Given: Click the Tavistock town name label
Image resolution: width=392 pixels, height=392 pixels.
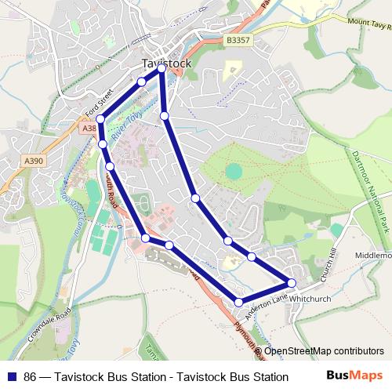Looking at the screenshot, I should (162, 62).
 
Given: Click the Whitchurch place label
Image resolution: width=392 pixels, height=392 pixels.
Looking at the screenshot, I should (314, 299).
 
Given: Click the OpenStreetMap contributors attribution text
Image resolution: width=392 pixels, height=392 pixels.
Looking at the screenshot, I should (324, 350).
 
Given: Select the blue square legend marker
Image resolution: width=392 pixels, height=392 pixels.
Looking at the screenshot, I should (12, 376).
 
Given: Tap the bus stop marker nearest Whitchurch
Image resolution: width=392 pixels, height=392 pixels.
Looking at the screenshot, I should (292, 282).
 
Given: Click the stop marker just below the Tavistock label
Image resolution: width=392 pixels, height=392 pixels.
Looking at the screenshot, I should (162, 69).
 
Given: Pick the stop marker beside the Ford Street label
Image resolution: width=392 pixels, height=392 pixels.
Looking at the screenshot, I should (100, 119).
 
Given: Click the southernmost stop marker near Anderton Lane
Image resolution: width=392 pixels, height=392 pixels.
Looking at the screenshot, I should (239, 302).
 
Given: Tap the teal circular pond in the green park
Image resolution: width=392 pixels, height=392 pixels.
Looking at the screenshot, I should (234, 170).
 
